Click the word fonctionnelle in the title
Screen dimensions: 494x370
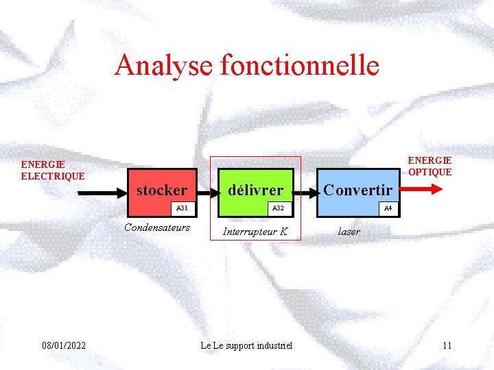299,66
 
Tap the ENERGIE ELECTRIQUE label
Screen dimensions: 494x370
53,170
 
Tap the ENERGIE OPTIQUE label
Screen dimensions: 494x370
430,166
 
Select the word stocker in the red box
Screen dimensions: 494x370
162,190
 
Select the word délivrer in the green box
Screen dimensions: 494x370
255,190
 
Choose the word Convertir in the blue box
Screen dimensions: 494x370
357,190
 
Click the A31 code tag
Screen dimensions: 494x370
182,208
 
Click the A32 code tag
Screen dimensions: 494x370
278,208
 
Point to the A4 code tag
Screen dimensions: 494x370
388,208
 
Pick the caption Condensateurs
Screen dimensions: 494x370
157,227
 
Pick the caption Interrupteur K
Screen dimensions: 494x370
255,232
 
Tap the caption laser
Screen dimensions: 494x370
349,232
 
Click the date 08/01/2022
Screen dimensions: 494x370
64,345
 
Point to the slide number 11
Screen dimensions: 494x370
447,345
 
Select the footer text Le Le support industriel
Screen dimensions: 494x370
246,345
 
